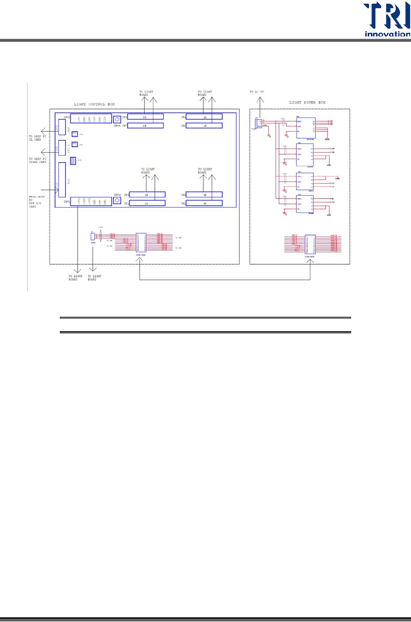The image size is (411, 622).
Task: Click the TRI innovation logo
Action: coord(386,20)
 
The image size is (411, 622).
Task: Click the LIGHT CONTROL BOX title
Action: coord(94,104)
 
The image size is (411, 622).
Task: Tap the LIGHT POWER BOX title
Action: coord(307,103)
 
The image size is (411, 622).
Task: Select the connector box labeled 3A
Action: coord(145,117)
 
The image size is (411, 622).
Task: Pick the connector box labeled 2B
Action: coord(145,126)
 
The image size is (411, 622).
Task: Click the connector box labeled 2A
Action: coord(204,117)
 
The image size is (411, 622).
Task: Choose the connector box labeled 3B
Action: coord(147,195)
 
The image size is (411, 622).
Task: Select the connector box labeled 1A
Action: coord(147,204)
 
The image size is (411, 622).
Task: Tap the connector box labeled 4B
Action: coord(204,195)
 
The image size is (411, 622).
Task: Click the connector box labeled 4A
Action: coord(204,204)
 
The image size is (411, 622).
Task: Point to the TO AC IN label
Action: coord(257,92)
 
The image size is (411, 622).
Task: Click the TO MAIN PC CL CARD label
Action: coord(37,138)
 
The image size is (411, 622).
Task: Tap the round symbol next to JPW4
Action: coord(117,200)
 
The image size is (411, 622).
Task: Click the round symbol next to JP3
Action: coord(117,120)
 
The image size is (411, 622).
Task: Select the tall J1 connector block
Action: coord(62,180)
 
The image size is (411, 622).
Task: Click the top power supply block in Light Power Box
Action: coord(306,127)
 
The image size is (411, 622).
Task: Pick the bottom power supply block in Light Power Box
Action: coord(305,204)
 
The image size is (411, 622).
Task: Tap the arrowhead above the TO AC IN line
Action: coord(260,100)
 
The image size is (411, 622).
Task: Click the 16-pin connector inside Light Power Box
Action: coord(310,244)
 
